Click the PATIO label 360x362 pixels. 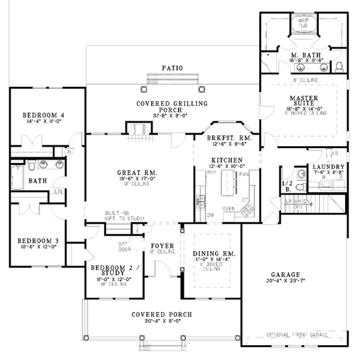(172, 68)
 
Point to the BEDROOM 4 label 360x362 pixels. (43, 115)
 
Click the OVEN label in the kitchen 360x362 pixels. (229, 208)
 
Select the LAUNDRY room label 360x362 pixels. (328, 167)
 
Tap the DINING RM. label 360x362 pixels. (214, 255)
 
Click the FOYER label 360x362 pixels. (162, 246)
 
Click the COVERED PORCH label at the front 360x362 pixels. (163, 315)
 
